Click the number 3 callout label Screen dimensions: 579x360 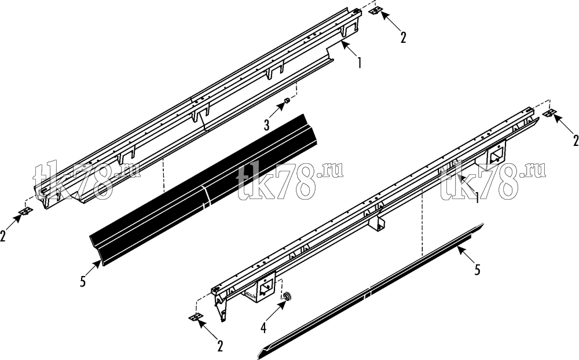coord(266,125)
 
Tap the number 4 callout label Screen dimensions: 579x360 coord(263,328)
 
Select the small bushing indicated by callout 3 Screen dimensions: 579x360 coord(287,101)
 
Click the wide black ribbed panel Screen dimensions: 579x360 coord(203,190)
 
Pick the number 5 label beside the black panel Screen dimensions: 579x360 coord(83,281)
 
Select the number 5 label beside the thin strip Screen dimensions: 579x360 coord(478,270)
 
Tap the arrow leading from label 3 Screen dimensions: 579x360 coord(277,111)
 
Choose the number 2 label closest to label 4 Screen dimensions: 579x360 coord(220,346)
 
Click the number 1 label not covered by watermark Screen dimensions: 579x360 coord(359,63)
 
